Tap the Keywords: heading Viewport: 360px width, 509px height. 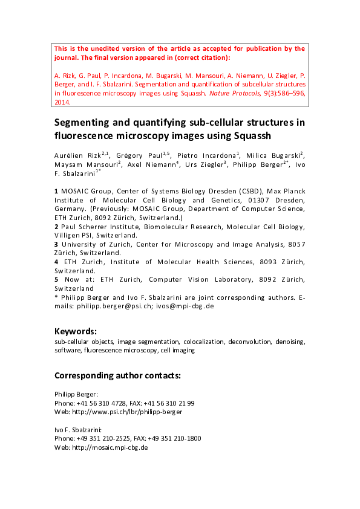(76, 331)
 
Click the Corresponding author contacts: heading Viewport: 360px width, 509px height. (117, 375)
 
